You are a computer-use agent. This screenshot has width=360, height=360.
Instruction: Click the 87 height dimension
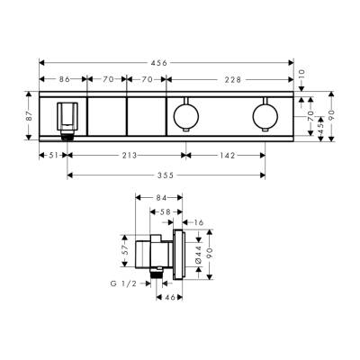[27, 115]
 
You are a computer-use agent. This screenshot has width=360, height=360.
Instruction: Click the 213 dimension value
[129, 155]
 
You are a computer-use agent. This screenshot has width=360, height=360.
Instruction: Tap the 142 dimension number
[227, 155]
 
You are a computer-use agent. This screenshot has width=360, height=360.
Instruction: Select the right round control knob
[265, 115]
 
